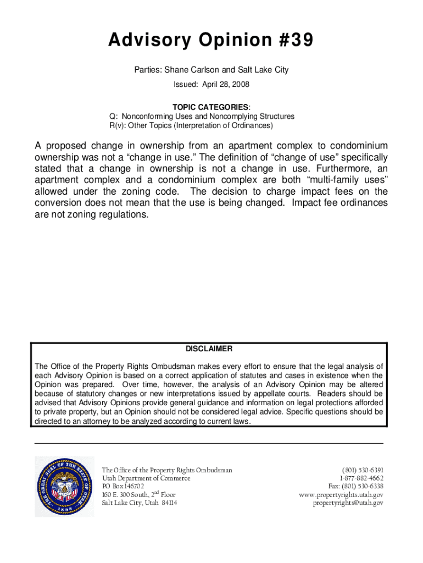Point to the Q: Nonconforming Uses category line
pos(202,116)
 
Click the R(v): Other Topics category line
pos(191,125)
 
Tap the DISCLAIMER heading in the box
pos(209,349)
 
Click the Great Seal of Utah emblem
pos(63,486)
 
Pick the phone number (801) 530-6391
pos(363,470)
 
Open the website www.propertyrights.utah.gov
pos(341,494)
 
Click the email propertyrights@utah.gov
pos(348,503)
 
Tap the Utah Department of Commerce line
pos(146,478)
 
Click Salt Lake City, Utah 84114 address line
pos(140,503)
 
